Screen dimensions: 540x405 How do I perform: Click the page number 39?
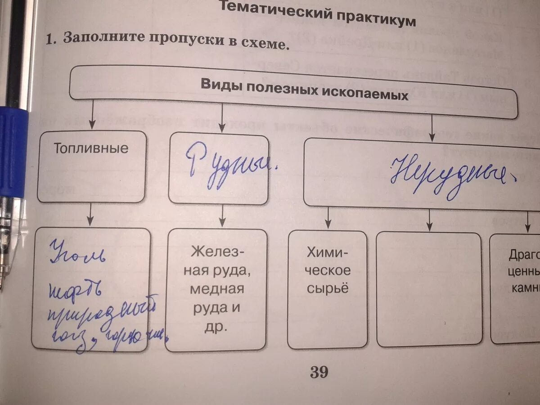coord(319,373)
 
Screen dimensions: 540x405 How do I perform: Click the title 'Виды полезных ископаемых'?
coord(304,89)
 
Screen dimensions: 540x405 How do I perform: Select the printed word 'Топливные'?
coord(91,148)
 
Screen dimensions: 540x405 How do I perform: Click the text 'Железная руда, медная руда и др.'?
coord(217,288)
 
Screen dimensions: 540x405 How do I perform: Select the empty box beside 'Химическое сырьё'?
coord(429,289)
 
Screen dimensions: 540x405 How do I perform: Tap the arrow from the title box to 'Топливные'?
coord(92,115)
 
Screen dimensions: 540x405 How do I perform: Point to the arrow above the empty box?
coord(430,220)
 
